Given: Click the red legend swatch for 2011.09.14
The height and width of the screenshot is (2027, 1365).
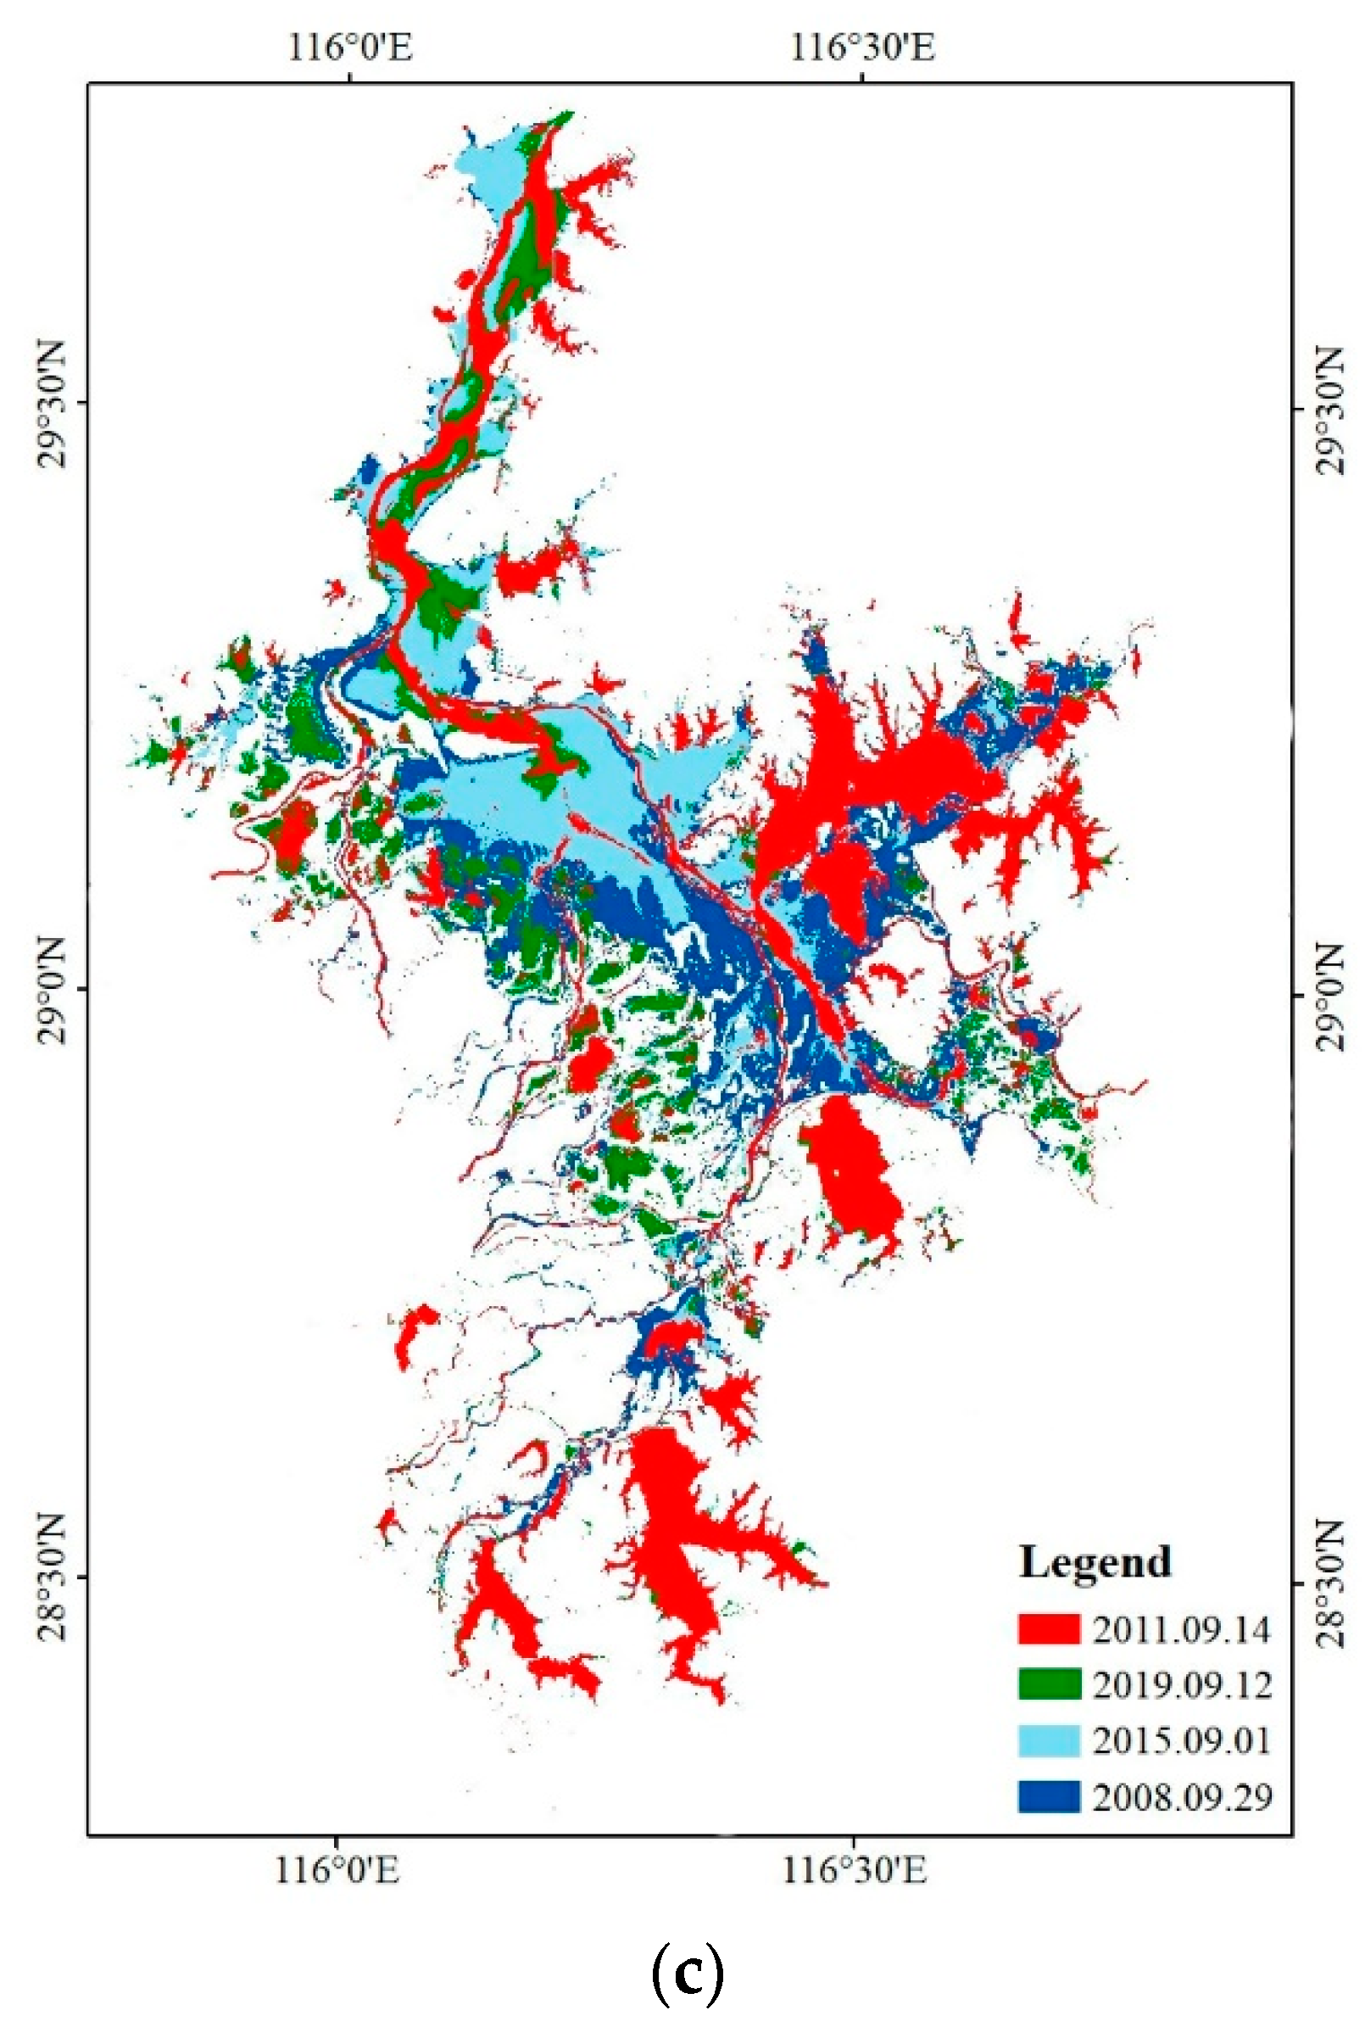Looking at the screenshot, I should tap(1049, 1628).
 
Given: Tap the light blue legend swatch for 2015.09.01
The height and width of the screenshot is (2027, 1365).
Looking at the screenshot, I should tap(1049, 1739).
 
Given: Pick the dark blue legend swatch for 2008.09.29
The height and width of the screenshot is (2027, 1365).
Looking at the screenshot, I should tap(1049, 1795).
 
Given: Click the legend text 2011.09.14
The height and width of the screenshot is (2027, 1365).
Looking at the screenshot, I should tap(1181, 1629).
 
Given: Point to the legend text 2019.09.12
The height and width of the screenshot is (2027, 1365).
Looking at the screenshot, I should tap(1181, 1685).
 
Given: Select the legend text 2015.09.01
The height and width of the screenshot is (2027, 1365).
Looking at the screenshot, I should tap(1181, 1740).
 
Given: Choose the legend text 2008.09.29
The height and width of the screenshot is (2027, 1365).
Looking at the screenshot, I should tap(1181, 1796).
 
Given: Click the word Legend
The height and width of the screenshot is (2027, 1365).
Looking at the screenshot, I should tap(1095, 1561).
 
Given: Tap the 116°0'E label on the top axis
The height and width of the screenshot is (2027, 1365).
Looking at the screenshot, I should tap(349, 47).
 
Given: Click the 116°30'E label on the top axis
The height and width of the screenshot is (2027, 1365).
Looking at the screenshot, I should tap(862, 47).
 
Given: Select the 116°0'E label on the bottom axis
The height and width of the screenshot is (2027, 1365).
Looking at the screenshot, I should tap(337, 1868).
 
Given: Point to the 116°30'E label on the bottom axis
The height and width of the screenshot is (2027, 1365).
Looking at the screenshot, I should tap(854, 1868).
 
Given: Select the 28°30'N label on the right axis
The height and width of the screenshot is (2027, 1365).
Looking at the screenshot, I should tap(1329, 1583).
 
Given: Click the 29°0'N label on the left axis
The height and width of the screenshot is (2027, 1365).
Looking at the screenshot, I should tap(53, 990).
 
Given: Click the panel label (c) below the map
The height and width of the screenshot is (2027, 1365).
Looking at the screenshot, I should tap(687, 1974).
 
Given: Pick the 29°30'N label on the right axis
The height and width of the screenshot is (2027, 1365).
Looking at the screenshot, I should tap(1329, 410).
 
